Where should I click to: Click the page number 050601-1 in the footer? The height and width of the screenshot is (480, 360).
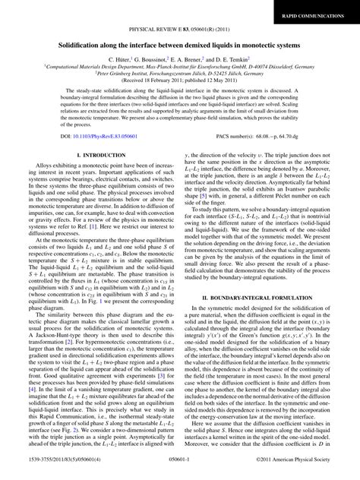[179, 472]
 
